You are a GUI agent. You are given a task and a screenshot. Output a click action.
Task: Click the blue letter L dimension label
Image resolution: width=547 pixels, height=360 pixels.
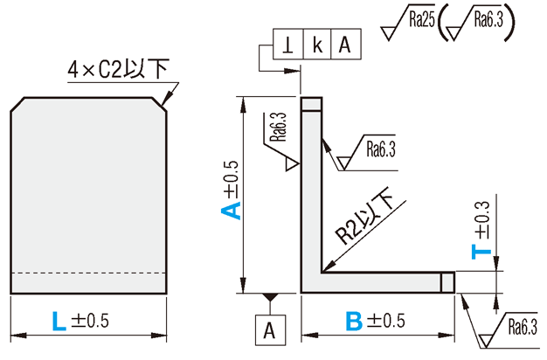point(59,322)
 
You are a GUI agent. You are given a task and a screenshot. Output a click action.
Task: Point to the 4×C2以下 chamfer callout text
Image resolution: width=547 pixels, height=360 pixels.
point(117,68)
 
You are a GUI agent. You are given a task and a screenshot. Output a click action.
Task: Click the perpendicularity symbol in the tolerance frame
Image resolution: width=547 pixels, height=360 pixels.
point(287,44)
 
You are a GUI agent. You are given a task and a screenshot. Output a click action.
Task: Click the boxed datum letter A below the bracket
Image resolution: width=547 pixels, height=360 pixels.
point(270,330)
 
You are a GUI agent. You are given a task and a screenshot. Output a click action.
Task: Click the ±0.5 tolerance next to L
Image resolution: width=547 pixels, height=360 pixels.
point(90,322)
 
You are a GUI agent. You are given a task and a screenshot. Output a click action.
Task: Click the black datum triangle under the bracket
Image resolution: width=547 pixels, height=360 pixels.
point(270,301)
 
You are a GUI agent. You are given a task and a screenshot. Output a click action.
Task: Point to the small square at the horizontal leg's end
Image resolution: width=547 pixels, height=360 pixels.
point(447,282)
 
